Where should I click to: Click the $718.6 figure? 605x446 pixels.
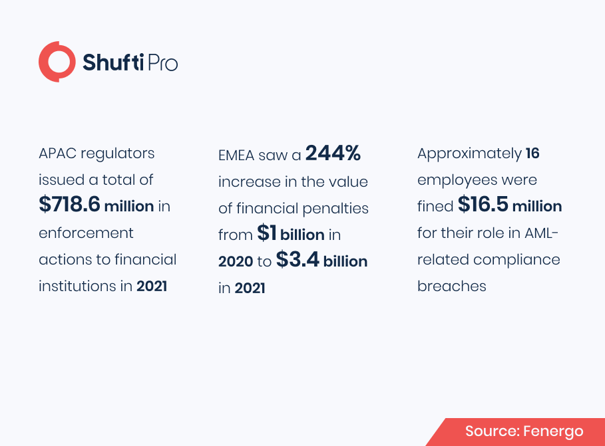(69, 204)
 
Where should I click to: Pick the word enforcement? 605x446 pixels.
(86, 233)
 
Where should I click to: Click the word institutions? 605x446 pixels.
(77, 286)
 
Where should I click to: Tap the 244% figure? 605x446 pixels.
(333, 153)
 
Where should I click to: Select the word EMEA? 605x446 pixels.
(236, 156)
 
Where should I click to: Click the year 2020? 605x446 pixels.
(236, 261)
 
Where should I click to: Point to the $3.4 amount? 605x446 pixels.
(298, 259)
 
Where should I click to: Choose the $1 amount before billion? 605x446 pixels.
(267, 233)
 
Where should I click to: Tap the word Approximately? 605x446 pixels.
(470, 154)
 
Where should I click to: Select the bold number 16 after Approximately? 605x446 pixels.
(532, 154)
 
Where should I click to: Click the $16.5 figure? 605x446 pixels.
(483, 204)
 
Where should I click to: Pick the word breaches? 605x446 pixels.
(452, 286)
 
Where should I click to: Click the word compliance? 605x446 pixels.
(516, 260)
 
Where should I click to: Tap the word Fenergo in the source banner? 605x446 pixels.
(553, 431)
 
